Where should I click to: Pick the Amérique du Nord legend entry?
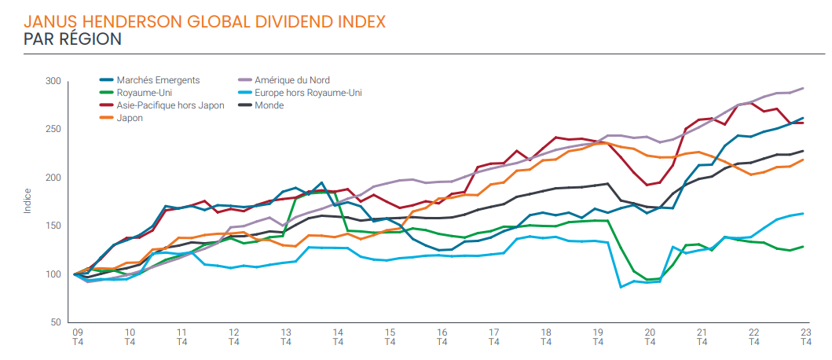click(291, 80)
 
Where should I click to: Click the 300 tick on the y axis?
click(53, 81)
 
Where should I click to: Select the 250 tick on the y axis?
click(53, 129)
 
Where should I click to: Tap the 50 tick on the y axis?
click(56, 322)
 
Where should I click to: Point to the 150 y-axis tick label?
click(53, 226)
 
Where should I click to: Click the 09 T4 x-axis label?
click(78, 336)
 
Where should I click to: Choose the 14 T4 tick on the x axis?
click(338, 336)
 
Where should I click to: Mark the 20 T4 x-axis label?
click(650, 336)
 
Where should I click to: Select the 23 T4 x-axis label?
click(805, 336)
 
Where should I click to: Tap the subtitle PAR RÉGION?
click(72, 39)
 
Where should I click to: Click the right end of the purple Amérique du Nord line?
click(803, 88)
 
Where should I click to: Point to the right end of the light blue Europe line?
click(803, 213)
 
